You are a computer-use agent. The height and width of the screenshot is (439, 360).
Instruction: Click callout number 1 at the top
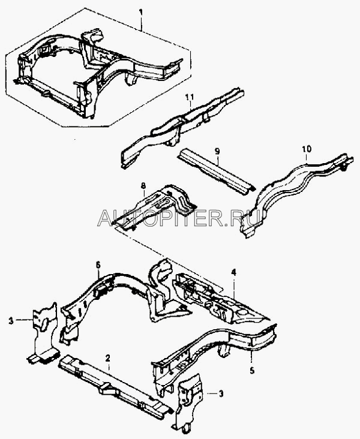[x=141, y=13]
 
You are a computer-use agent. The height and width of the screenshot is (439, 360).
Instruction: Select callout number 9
[x=217, y=152]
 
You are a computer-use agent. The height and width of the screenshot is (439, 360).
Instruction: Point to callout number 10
[x=307, y=149]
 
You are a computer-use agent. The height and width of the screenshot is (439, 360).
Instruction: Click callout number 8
[x=143, y=185]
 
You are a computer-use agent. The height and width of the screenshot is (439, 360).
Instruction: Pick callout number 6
[x=98, y=265]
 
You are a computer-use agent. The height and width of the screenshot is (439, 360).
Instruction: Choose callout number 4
[x=233, y=272]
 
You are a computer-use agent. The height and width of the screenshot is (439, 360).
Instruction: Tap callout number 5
[x=252, y=371]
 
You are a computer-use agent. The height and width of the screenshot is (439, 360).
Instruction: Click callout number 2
[x=108, y=358]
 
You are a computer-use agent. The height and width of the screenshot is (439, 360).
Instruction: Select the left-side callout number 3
[x=11, y=321]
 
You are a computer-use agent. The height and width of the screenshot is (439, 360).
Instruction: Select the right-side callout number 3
[x=221, y=393]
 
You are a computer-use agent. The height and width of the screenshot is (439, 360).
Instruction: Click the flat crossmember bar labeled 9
[x=216, y=171]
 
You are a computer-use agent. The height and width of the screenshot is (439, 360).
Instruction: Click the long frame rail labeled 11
[x=182, y=127]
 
